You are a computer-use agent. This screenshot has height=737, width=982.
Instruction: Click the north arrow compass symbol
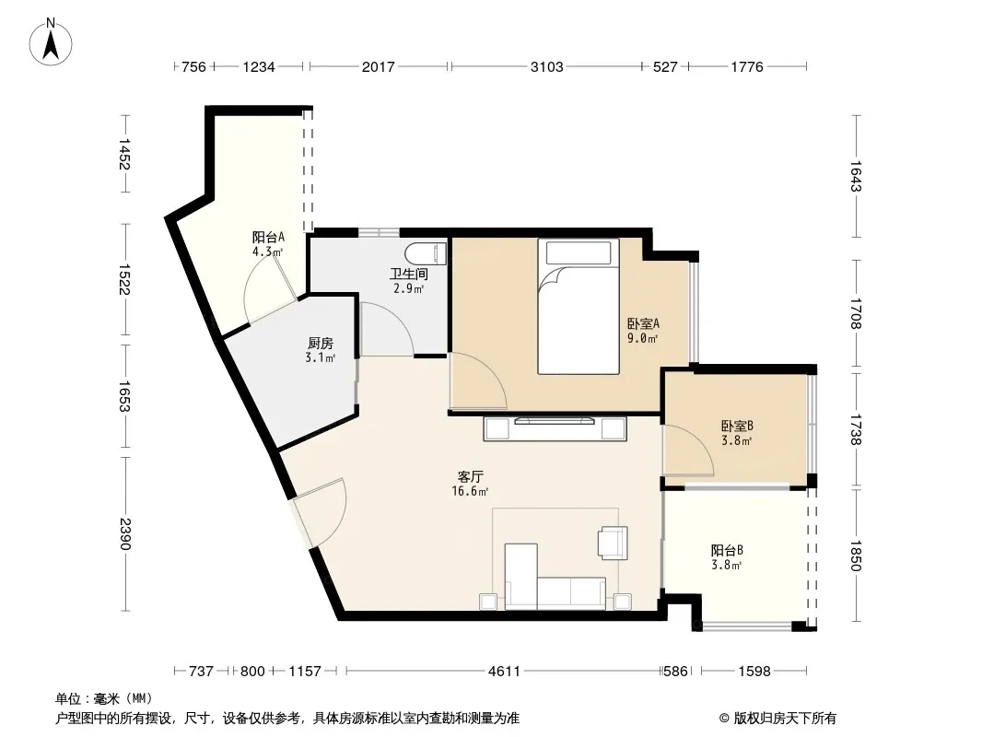coord(51,42)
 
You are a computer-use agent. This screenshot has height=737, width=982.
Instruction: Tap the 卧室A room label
coord(643,323)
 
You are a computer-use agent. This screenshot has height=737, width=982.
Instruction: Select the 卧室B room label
coord(737,426)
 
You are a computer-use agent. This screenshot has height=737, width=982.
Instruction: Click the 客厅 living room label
coord(471,476)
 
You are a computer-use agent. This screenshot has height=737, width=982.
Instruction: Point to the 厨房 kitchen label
coord(320,343)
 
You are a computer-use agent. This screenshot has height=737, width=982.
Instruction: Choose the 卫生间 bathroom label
coord(409,274)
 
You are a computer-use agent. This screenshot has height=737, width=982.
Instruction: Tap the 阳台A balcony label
coord(268,238)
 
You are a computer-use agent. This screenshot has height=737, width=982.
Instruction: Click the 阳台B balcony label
coord(727,550)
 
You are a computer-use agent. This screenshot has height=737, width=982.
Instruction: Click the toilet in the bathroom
coord(426,253)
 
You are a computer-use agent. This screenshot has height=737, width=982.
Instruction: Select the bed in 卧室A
coord(578,307)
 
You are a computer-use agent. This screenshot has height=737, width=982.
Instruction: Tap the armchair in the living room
coord(613,543)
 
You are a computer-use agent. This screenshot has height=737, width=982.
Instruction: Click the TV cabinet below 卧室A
coord(555,428)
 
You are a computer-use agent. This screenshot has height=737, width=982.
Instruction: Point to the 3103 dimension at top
coord(547,66)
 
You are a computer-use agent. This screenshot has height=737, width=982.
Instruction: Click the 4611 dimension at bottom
coord(504,672)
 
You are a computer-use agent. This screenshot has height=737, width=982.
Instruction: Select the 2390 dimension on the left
coord(124,533)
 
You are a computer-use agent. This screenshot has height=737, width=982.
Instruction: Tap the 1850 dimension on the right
coord(856,556)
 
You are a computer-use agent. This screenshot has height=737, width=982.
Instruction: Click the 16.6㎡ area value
coord(470,492)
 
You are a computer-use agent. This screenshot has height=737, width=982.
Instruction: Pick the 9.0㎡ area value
coord(643,339)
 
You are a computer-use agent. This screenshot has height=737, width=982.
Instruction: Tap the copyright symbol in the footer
coord(724,719)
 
